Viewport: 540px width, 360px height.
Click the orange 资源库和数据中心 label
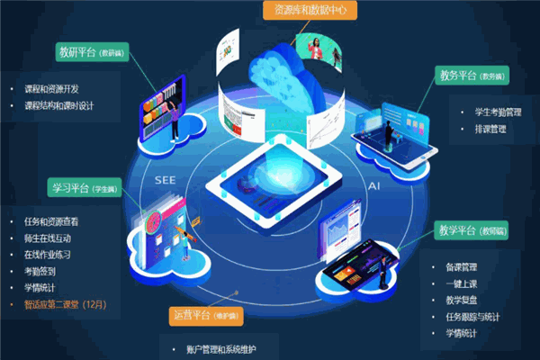(x=310, y=11)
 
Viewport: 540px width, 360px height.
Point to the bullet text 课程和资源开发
(x=54, y=89)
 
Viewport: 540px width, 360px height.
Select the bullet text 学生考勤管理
(x=498, y=112)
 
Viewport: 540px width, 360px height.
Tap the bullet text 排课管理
(x=490, y=129)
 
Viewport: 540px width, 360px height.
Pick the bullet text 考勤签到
(x=41, y=272)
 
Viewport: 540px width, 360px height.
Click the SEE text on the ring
(x=165, y=180)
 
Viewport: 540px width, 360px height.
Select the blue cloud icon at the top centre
(x=274, y=67)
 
